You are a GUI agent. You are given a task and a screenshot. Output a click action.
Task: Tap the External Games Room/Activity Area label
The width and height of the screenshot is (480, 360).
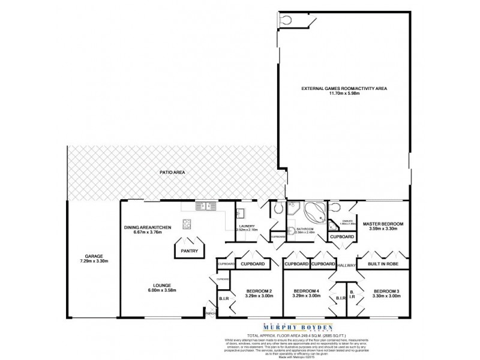(344, 88)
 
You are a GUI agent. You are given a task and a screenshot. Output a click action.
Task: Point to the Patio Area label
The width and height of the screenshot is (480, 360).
(172, 172)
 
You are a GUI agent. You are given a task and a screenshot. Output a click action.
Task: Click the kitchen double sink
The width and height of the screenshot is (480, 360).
(206, 207)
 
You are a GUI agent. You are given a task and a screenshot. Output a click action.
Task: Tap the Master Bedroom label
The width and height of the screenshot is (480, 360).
(377, 223)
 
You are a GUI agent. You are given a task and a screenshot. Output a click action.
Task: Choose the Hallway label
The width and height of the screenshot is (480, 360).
(347, 265)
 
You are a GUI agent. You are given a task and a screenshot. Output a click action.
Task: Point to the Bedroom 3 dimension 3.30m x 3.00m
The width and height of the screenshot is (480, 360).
(386, 296)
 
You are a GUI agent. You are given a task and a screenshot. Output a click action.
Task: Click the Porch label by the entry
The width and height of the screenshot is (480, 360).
(211, 313)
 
